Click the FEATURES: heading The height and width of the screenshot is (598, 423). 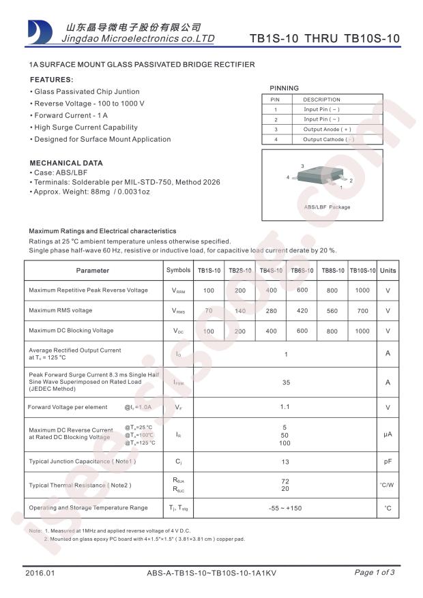51,79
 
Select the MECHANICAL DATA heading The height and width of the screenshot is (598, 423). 66,163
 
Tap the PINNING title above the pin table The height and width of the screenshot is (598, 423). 284,88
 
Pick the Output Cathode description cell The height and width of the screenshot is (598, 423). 328,139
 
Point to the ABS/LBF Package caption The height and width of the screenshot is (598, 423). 327,207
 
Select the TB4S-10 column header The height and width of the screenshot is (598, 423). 271,271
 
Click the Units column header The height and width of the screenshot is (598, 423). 388,271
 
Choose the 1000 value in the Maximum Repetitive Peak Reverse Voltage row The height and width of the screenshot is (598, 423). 362,290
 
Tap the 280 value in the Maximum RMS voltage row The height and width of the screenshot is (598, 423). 271,310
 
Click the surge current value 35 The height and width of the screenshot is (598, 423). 286,383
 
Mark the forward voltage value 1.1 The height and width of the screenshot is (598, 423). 286,407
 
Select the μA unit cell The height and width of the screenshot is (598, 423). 388,434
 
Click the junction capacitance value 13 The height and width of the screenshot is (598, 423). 286,462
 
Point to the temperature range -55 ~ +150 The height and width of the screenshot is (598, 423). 286,508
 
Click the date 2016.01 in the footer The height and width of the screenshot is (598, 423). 39,573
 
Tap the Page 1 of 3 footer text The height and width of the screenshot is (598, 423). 375,572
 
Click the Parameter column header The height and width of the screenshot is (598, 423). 92,271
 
